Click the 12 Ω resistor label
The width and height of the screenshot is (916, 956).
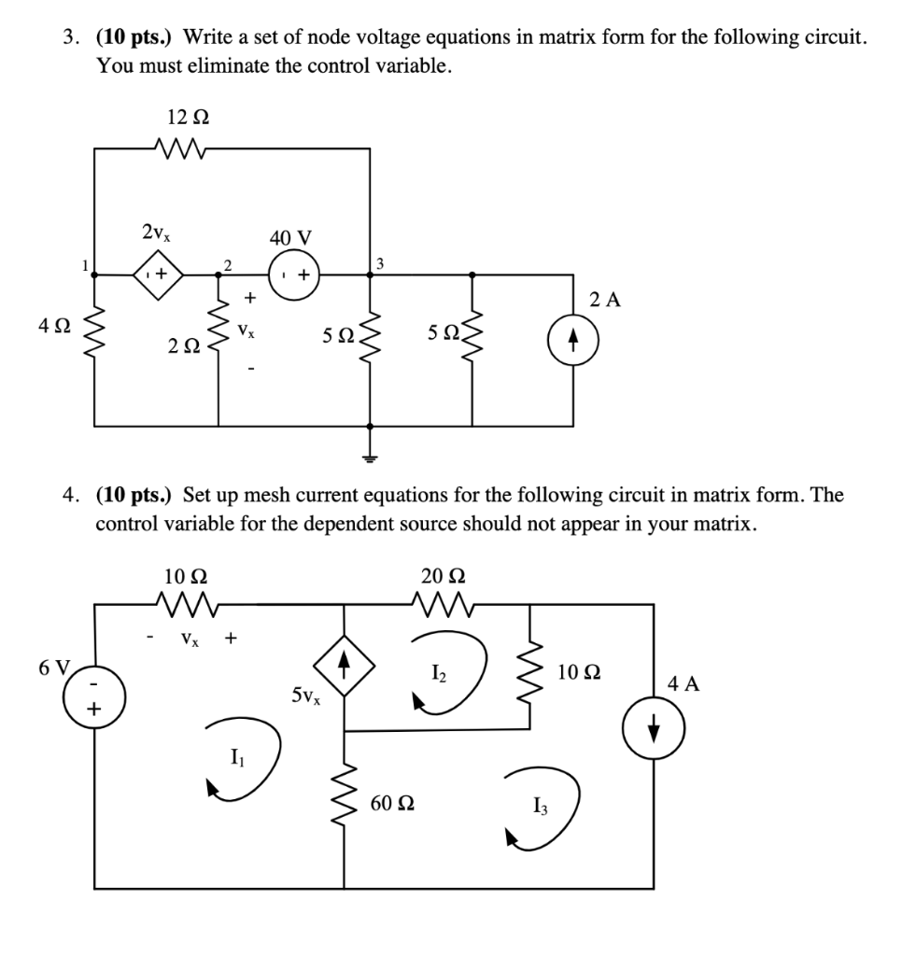coord(188,118)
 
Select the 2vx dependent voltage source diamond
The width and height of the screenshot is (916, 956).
coord(158,275)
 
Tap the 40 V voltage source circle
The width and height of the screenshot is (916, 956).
coord(294,275)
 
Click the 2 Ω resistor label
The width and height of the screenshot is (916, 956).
coord(184,346)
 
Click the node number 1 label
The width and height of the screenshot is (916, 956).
coord(85,264)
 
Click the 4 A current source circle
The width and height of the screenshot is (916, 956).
coord(654,726)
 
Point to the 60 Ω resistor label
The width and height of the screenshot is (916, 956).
coord(393,802)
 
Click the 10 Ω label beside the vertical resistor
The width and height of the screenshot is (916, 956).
coord(579,672)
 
